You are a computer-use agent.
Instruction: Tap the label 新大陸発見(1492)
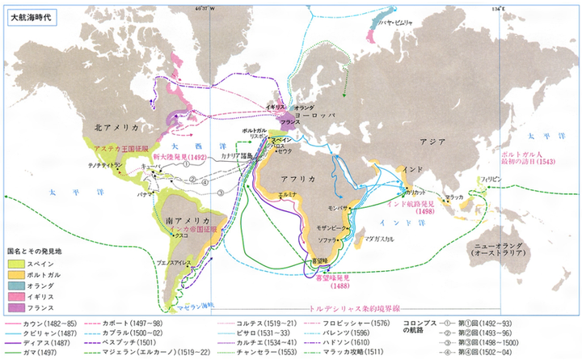click(179, 158)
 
